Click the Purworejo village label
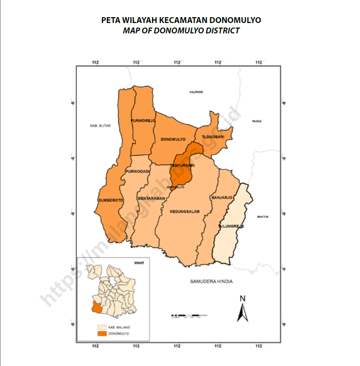click(x=143, y=121)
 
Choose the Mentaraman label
click(x=150, y=198)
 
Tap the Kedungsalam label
click(x=185, y=211)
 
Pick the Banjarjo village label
click(x=221, y=198)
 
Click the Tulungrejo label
click(x=231, y=225)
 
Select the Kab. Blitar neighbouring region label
click(x=100, y=126)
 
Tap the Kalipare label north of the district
click(x=196, y=92)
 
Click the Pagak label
click(x=257, y=121)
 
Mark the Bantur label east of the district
click(x=262, y=217)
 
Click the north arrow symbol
click(x=243, y=309)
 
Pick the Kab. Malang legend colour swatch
click(x=103, y=326)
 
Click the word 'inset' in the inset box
click(x=139, y=262)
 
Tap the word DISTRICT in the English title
click(x=221, y=31)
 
